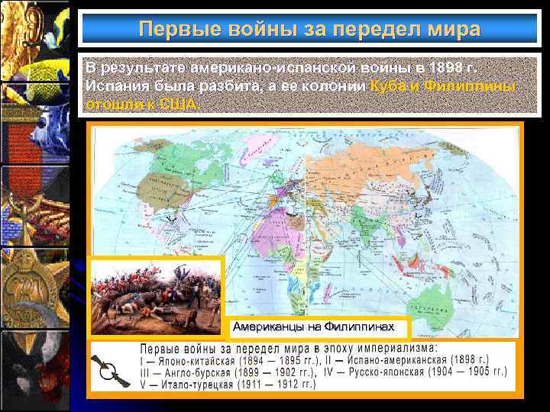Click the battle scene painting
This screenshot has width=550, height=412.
coord(156,298)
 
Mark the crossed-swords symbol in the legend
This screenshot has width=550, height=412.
coord(112,372)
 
